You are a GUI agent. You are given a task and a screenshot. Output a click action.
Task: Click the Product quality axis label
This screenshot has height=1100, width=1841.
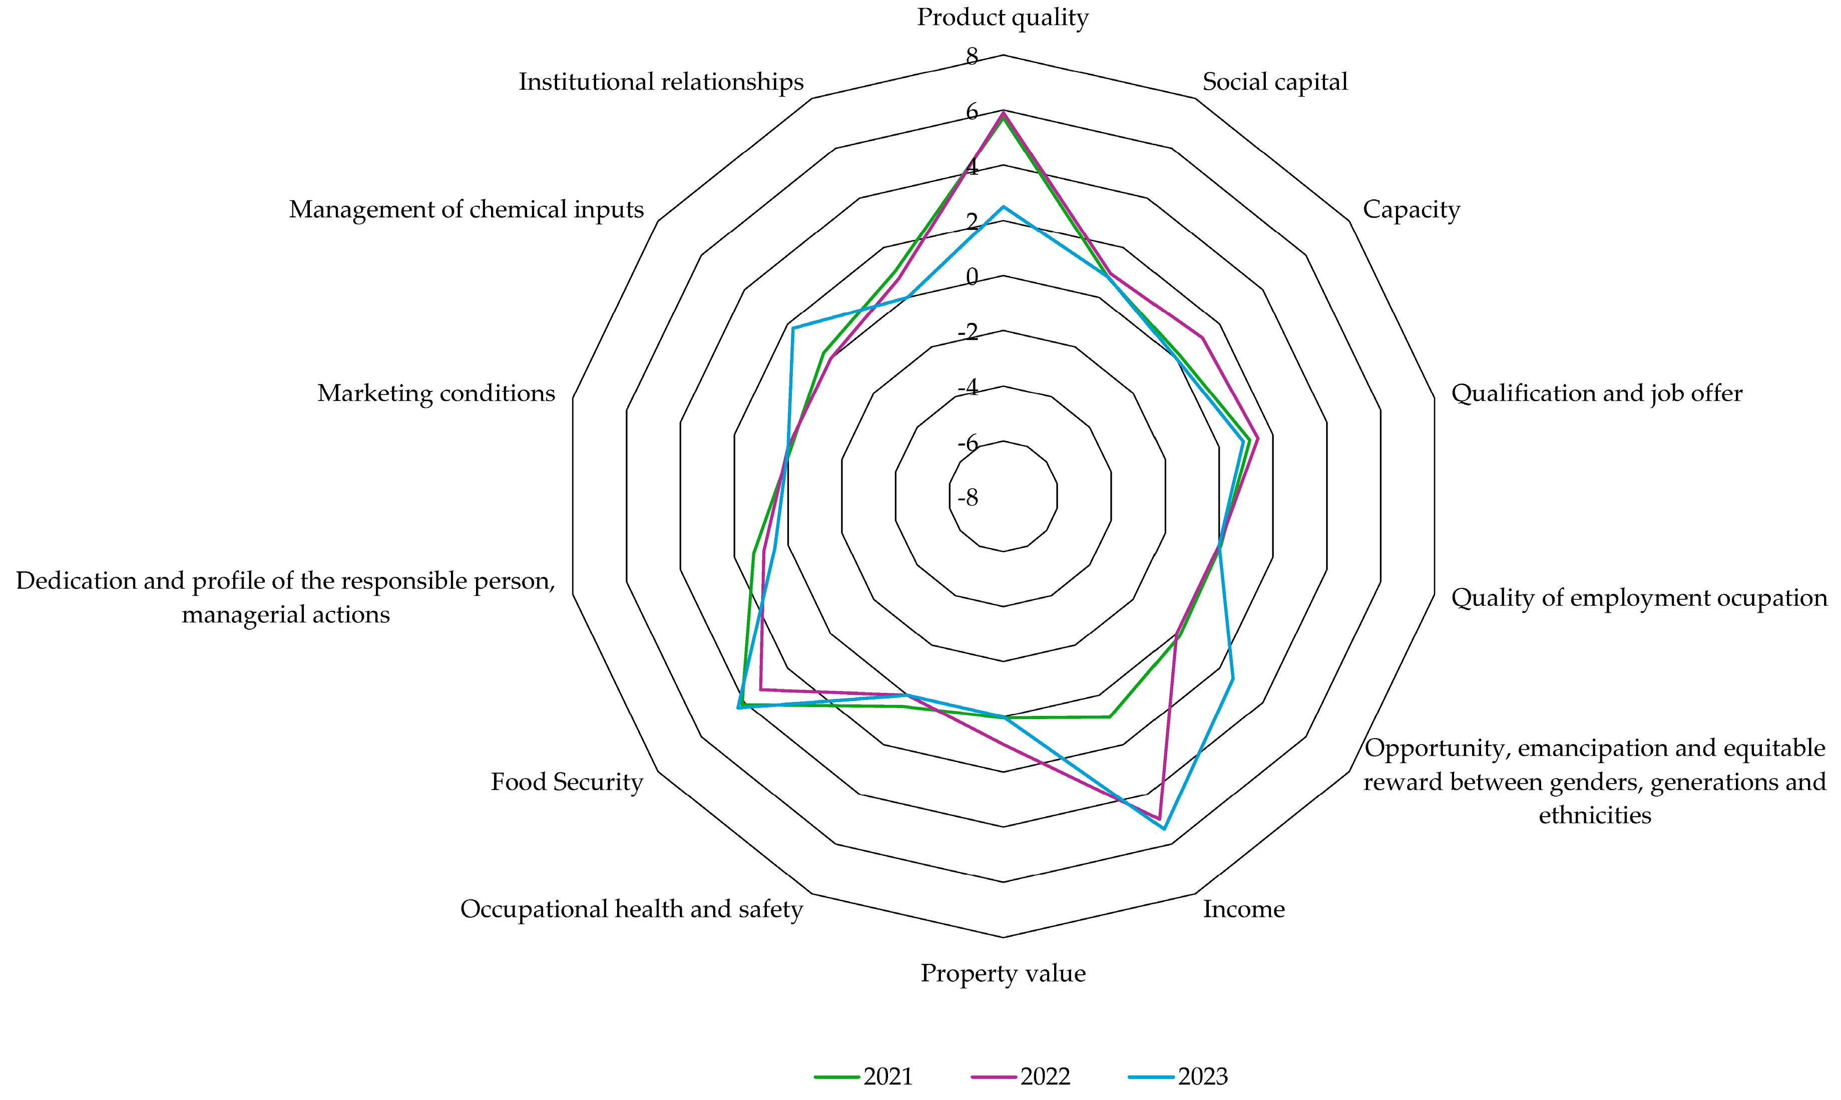click(x=1003, y=17)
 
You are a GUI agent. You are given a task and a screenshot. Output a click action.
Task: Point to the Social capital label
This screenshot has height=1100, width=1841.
click(x=1274, y=82)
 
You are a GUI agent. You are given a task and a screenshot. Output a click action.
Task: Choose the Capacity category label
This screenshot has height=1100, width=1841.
click(x=1411, y=210)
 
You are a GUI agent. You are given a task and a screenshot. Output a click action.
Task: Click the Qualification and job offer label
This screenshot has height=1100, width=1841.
click(x=1597, y=393)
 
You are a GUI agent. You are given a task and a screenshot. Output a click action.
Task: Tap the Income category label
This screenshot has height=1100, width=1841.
click(x=1243, y=909)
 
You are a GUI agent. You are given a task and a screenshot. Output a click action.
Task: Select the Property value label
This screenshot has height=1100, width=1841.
click(x=1003, y=973)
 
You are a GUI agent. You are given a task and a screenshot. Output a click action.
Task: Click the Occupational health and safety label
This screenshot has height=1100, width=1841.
click(x=631, y=909)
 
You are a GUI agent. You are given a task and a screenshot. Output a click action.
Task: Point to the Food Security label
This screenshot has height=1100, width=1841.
click(x=567, y=781)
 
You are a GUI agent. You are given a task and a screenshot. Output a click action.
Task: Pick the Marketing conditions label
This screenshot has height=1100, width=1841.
click(x=436, y=393)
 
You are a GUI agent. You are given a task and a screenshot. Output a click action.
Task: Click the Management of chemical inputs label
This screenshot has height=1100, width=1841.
click(x=466, y=210)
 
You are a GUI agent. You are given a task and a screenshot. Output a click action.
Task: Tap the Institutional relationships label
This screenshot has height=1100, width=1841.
click(x=661, y=82)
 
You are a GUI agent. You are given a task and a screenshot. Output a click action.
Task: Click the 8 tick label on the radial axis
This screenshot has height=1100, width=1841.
click(x=971, y=57)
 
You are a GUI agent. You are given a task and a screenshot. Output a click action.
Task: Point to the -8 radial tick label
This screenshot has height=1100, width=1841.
click(x=968, y=497)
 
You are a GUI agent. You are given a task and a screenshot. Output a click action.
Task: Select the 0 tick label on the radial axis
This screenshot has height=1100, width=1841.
click(x=971, y=277)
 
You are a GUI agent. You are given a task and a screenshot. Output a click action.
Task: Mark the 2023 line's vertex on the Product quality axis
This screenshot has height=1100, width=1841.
click(x=1003, y=207)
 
